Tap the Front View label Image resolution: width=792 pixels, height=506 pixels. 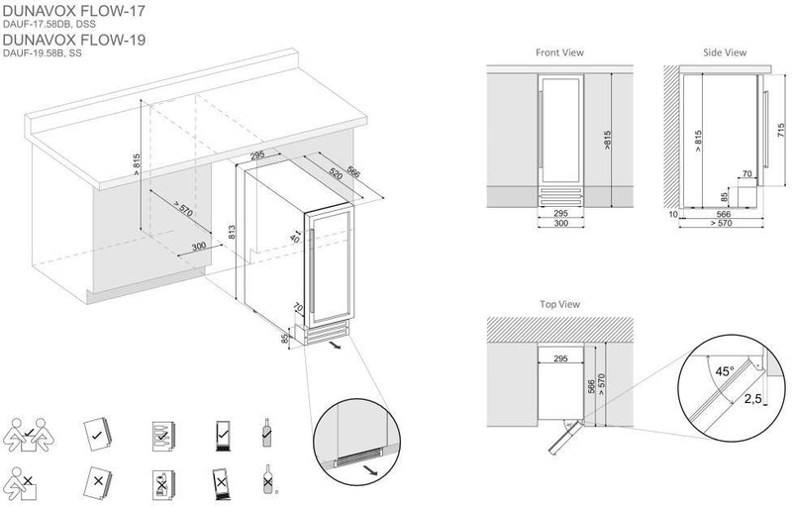[x=558, y=51]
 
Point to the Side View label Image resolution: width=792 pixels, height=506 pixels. [x=723, y=51]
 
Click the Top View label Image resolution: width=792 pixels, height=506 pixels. [x=560, y=304]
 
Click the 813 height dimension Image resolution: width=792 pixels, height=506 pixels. [x=231, y=234]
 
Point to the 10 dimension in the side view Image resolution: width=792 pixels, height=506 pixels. [x=672, y=213]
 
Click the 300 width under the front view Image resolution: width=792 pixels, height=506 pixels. [x=560, y=224]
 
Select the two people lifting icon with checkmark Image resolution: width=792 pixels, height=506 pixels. [x=29, y=431]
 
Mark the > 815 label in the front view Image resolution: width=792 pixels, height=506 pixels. [x=606, y=140]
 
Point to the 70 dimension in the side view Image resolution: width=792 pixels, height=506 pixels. [x=747, y=174]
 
